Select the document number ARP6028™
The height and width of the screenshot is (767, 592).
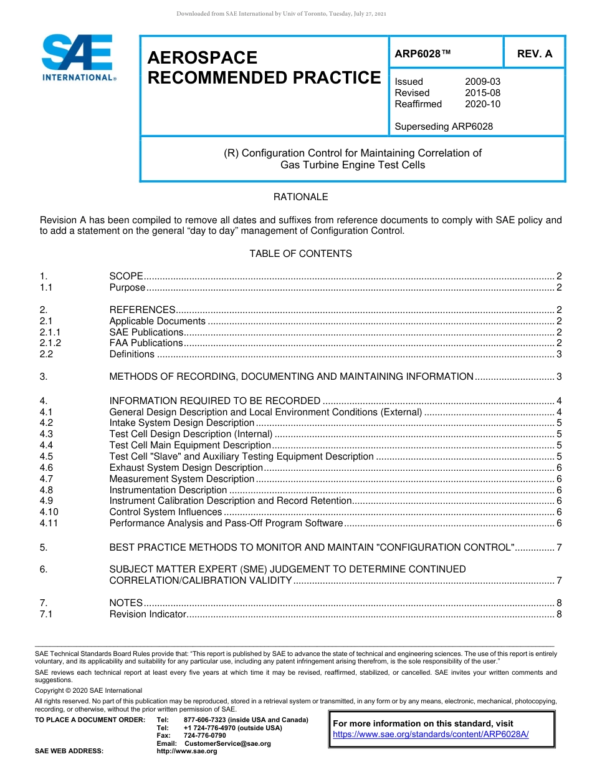coord(422,54)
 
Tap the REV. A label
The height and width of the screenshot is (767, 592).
coord(535,54)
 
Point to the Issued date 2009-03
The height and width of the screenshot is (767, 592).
coord(482,82)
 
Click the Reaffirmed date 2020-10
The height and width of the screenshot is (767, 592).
coord(482,104)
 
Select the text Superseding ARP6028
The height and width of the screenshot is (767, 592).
coord(444,127)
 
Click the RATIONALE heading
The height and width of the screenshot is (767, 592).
coord(300,197)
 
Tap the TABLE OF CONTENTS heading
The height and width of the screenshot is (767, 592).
coord(300,254)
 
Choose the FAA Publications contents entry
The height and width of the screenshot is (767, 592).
coord(146,343)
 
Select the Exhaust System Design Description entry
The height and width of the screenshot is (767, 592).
coord(186,468)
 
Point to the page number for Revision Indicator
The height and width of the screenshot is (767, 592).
coord(559,614)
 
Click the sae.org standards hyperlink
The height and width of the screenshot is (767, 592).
coord(431,734)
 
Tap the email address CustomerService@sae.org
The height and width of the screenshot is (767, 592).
coord(227,744)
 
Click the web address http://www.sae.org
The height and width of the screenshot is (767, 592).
coord(186,751)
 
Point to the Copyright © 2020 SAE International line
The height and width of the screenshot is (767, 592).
coord(88,690)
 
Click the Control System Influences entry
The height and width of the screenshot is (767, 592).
coord(165,512)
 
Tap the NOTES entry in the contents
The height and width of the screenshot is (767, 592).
coord(126,603)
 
